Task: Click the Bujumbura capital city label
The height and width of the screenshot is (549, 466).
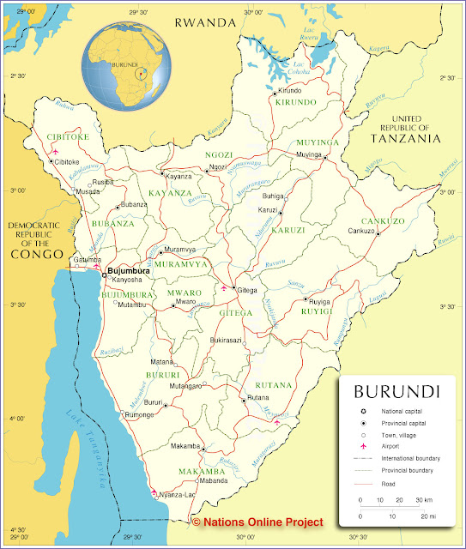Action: [130, 271]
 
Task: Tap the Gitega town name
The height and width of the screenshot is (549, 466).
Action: [246, 290]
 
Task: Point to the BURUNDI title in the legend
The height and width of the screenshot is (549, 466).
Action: [396, 391]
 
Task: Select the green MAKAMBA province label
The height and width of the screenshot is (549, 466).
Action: [202, 472]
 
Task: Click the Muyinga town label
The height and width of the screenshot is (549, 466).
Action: [308, 154]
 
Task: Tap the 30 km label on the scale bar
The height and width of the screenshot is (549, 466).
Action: [424, 499]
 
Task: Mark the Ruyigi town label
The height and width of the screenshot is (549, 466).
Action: [318, 302]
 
